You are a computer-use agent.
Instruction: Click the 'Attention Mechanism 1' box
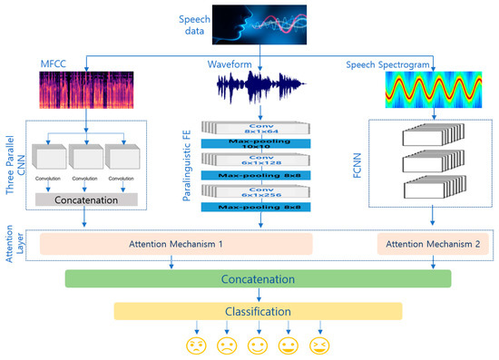click(x=175, y=244)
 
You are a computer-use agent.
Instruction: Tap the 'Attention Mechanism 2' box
click(x=426, y=244)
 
